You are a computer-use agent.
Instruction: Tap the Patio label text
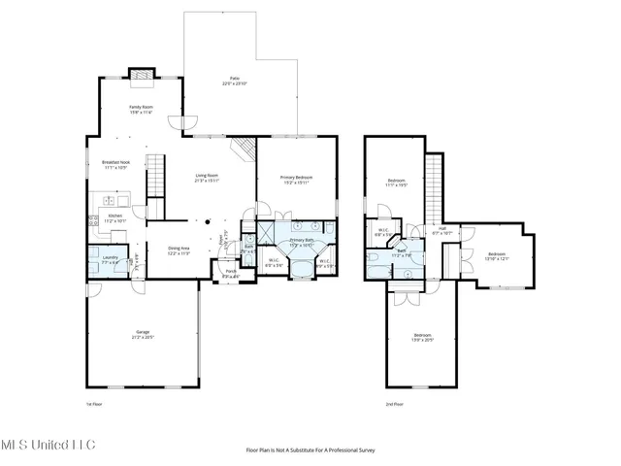235,81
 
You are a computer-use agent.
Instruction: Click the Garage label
142,334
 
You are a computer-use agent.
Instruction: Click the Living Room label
207,178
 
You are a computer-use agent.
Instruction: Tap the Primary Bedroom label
296,180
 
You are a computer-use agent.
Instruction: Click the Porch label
231,274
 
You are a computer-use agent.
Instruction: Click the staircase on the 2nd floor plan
435,184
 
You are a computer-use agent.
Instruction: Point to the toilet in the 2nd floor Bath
374,257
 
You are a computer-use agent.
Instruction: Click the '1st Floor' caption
94,404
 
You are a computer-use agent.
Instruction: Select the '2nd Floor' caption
394,404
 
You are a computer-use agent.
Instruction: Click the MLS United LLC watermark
48,446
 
